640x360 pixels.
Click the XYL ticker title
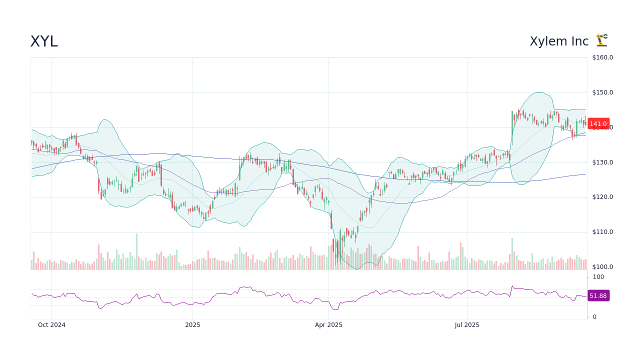[44, 41]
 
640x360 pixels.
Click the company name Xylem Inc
[559, 41]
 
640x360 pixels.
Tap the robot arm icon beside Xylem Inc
[601, 40]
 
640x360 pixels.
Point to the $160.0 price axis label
[602, 57]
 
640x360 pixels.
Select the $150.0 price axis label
[602, 92]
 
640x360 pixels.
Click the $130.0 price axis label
[602, 162]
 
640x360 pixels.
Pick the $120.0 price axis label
[602, 197]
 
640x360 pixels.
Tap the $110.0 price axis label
[602, 232]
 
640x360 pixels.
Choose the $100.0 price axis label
[602, 267]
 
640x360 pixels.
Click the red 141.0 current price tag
[598, 124]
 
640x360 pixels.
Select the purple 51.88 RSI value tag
[598, 296]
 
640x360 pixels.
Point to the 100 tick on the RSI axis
[598, 277]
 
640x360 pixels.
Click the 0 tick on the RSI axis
[594, 317]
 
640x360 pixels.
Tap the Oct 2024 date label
[51, 325]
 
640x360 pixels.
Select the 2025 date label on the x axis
[192, 325]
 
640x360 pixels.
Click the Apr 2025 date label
[328, 325]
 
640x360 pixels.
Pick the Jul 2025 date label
[467, 325]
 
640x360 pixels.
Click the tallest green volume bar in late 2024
[136, 251]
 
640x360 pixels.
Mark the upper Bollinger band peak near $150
[538, 92]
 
